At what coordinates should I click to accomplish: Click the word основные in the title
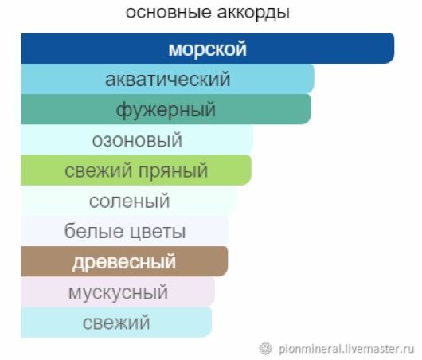pos(169,12)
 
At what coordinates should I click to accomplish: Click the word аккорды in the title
pos(253,13)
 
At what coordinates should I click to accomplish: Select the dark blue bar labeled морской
pos(208,49)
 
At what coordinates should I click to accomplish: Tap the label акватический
pos(168,79)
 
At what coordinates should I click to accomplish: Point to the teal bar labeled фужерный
pos(166,109)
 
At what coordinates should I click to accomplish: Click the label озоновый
pos(137,140)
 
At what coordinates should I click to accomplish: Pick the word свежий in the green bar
pos(100,170)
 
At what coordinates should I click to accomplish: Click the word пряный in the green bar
pos(173,170)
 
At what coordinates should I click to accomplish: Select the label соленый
pos(130,201)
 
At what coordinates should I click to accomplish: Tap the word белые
pos(94,231)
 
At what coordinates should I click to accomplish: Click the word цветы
pos(157,232)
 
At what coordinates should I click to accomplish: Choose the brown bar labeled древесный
pos(124,261)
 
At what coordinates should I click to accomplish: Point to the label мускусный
pos(118,292)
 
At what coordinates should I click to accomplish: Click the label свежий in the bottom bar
pos(116,323)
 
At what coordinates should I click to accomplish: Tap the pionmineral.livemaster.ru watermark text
pos(346,349)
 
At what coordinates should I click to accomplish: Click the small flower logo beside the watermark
pos(265,348)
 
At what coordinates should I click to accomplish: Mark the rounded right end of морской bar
pos(394,49)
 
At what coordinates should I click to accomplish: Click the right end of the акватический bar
pos(314,79)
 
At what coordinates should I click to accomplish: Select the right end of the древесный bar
pos(228,261)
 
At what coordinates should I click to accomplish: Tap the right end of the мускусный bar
pos(214,292)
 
